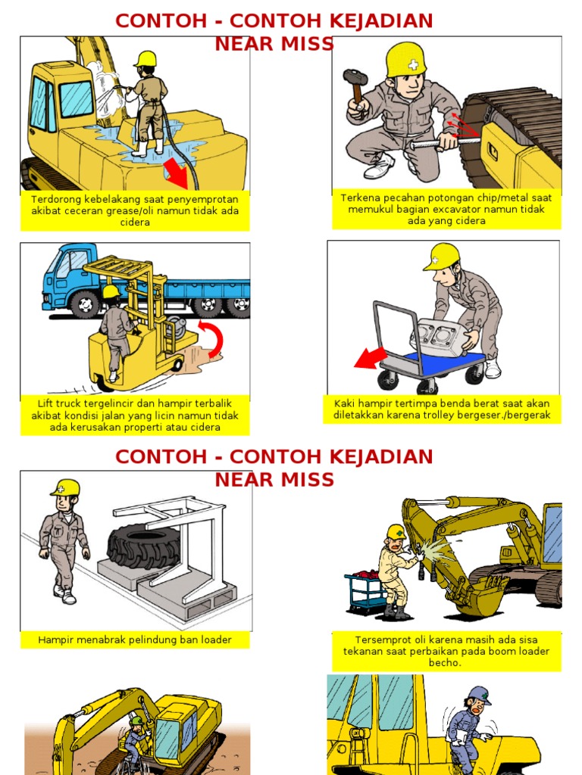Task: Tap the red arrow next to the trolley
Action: pyautogui.click(x=371, y=357)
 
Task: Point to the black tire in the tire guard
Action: pyautogui.click(x=143, y=545)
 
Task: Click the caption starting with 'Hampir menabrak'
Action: pyautogui.click(x=135, y=640)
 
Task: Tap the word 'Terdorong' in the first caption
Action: pyautogui.click(x=55, y=199)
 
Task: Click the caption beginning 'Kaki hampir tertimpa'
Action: pyautogui.click(x=442, y=409)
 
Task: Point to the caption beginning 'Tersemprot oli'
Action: pyautogui.click(x=446, y=651)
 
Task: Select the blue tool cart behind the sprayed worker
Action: pyautogui.click(x=365, y=592)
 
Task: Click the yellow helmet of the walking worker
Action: pyautogui.click(x=66, y=487)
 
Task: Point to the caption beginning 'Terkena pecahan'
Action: pyautogui.click(x=446, y=210)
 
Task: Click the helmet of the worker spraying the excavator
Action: pyautogui.click(x=145, y=59)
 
